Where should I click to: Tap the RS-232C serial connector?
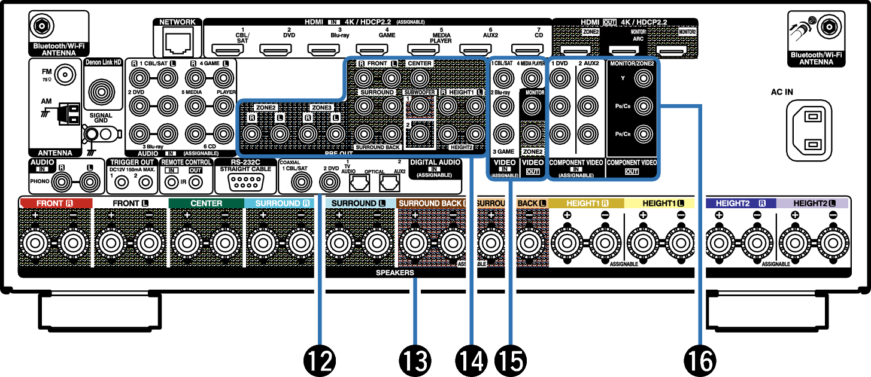click(245, 181)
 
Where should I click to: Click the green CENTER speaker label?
click(206, 203)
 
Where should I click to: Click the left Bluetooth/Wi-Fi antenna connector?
click(42, 26)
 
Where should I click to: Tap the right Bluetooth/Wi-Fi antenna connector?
click(828, 26)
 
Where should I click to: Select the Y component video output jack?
click(644, 78)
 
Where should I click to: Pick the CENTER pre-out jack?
click(420, 78)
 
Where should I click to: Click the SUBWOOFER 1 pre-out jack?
click(420, 107)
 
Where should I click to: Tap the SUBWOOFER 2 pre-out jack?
click(420, 133)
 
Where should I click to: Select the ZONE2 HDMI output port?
click(575, 50)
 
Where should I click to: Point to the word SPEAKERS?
click(394, 273)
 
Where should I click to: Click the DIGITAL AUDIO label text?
click(435, 162)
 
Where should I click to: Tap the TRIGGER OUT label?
click(132, 162)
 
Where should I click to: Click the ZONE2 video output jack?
click(531, 133)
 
